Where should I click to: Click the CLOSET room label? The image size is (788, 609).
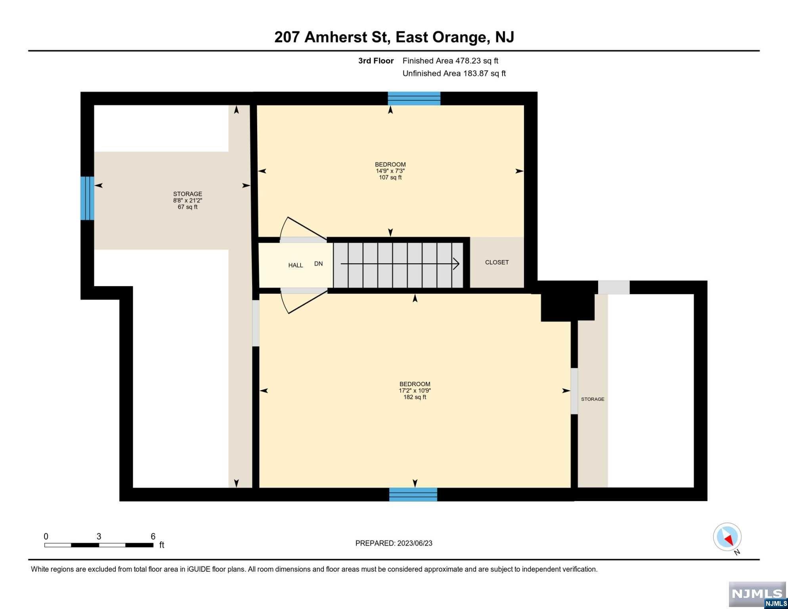tap(497, 262)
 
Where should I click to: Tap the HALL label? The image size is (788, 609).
tap(295, 265)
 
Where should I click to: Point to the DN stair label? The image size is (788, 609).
tap(318, 264)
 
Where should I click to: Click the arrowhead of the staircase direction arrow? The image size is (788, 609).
tap(456, 264)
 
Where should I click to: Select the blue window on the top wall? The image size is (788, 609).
tap(414, 98)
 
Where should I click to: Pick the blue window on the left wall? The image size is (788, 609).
tap(87, 198)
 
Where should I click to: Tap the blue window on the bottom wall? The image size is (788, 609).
tap(413, 494)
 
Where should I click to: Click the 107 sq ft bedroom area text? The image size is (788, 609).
tap(390, 178)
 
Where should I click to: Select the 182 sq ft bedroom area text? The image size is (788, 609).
tap(415, 397)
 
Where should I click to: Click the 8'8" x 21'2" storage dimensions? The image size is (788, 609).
tap(187, 201)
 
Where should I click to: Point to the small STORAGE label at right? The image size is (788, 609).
tap(593, 399)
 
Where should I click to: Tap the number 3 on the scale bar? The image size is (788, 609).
tap(99, 536)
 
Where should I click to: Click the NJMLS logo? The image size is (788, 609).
tap(757, 595)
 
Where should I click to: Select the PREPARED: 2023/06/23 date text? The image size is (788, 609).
tap(394, 543)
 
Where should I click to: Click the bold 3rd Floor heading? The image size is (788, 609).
tap(376, 61)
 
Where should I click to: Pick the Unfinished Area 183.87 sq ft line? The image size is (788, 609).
tap(454, 73)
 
